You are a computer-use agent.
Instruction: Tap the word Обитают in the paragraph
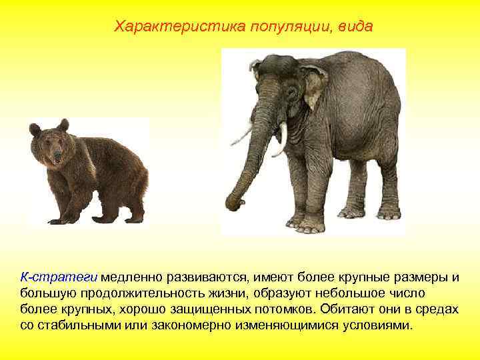(x=347, y=310)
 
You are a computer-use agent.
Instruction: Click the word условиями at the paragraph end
(x=380, y=327)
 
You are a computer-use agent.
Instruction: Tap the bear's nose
(x=57, y=158)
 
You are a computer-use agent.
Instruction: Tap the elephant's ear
(x=313, y=83)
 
